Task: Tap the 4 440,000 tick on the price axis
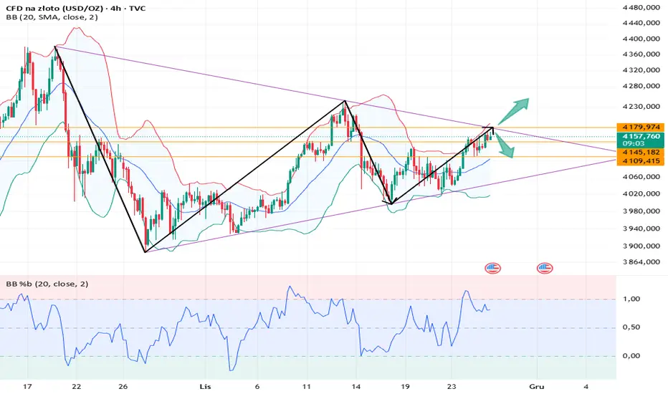pyautogui.click(x=640, y=9)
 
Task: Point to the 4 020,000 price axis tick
pyautogui.click(x=640, y=194)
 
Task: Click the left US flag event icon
pyautogui.click(x=492, y=268)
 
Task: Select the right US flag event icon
pyautogui.click(x=545, y=268)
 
